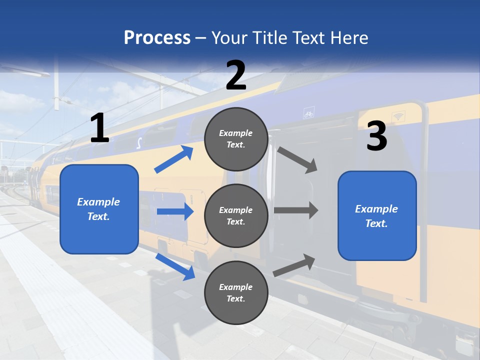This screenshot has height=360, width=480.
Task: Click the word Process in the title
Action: (157, 37)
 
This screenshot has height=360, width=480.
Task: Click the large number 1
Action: (99, 128)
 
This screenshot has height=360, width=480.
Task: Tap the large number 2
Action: (236, 75)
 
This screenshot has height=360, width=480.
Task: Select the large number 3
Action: (376, 136)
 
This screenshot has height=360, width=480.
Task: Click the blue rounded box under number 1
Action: (99, 209)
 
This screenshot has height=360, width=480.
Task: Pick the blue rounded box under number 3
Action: (377, 215)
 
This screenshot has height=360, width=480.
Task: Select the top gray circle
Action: (236, 139)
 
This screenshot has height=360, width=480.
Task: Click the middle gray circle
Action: (236, 215)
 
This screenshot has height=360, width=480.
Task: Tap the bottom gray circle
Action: (236, 292)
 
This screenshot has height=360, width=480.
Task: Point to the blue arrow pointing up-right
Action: (173, 159)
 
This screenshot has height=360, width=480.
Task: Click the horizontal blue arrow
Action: (175, 211)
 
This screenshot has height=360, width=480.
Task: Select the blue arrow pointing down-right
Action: (175, 266)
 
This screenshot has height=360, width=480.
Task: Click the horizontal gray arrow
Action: (296, 210)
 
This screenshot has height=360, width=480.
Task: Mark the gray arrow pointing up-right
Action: (294, 265)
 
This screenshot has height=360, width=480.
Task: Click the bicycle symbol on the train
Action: (308, 114)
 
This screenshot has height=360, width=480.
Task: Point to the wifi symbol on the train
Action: (398, 116)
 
